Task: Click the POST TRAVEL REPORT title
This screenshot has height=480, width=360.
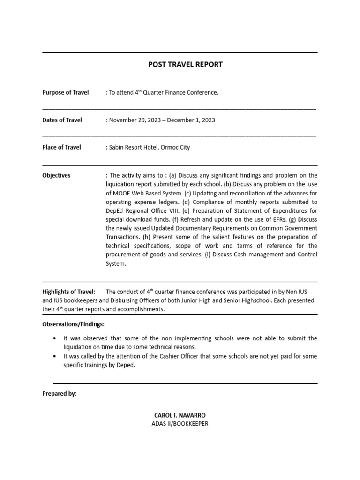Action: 185,65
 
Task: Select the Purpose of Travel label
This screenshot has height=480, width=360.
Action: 65,93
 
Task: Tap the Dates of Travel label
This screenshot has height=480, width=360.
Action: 62,120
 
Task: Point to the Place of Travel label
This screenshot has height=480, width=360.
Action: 61,147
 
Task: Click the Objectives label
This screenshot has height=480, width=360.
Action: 56,175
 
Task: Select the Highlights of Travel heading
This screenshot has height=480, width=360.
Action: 68,292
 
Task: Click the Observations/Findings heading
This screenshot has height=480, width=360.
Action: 74,324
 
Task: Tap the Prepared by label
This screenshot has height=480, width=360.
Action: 60,394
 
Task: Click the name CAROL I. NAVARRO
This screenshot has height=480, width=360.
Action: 180,416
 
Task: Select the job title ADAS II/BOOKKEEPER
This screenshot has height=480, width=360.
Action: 180,424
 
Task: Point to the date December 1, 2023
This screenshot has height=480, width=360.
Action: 192,120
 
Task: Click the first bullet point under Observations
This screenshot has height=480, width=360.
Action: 56,338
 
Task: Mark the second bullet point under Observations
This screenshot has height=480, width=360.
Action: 56,356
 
